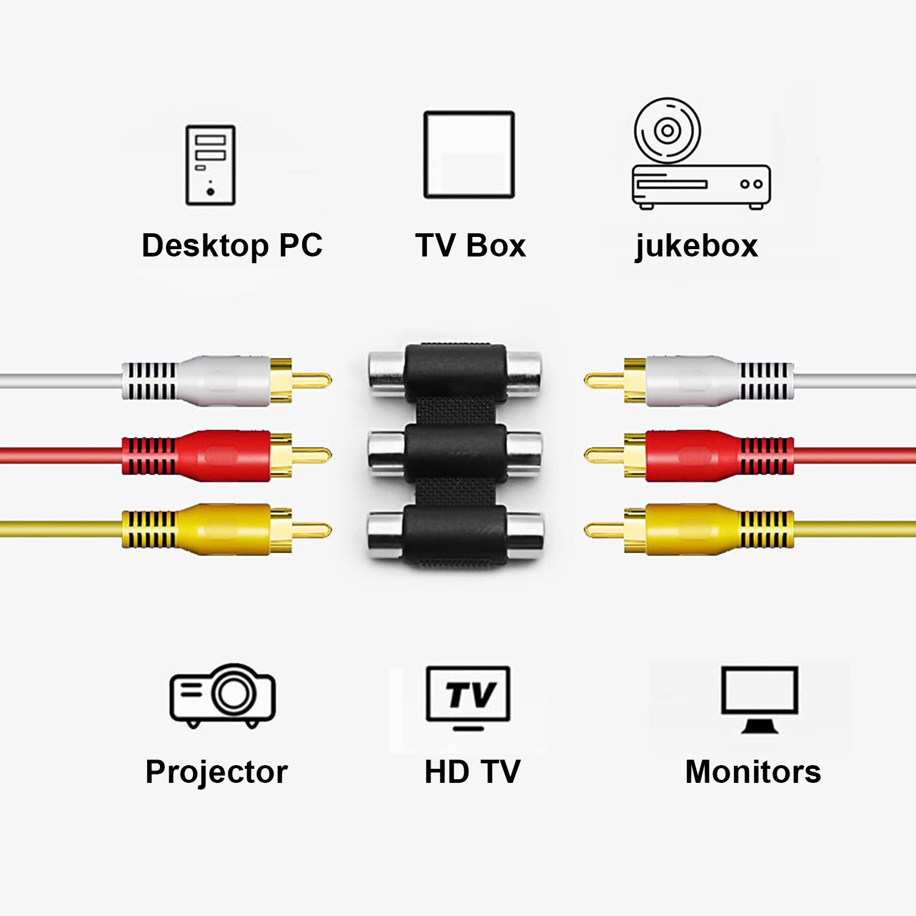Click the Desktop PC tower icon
coord(210,165)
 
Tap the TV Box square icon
coord(469,154)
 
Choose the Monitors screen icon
coord(759,699)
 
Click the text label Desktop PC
coord(232,245)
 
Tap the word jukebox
coord(697,246)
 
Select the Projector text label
coord(216,772)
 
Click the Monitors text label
coord(753,772)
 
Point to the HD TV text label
coord(472,772)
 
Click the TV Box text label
coord(470,245)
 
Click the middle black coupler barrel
coord(455,455)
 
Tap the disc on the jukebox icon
coord(667,131)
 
